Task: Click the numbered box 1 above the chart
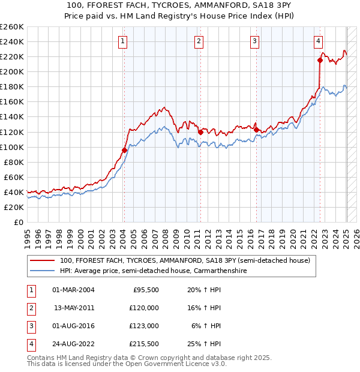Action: click(122, 41)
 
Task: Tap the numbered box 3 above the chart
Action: click(255, 41)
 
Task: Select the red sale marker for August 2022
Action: click(320, 59)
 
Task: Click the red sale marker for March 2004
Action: click(124, 150)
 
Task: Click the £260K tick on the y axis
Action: click(11, 27)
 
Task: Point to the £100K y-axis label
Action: click(11, 147)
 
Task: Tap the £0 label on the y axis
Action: click(18, 222)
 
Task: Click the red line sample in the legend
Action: click(42, 261)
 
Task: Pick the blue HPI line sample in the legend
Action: click(42, 271)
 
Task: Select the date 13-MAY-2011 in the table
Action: click(74, 308)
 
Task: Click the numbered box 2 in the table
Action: click(31, 308)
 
